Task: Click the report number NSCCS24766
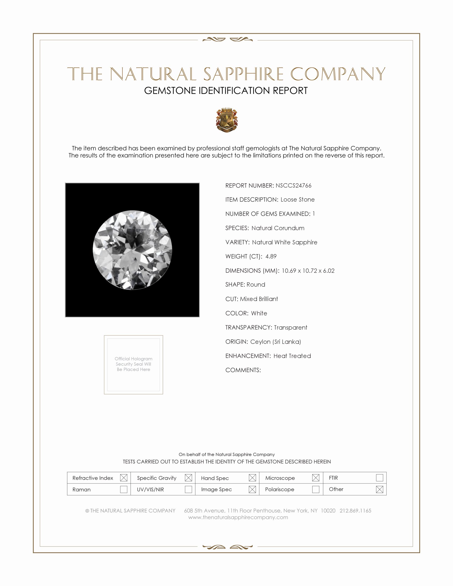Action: pos(293,186)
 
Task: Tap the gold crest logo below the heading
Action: pos(227,120)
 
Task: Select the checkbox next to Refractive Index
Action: pos(124,478)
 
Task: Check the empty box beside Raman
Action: pos(124,489)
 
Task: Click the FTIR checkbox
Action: pos(379,478)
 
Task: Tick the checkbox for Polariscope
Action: pos(316,489)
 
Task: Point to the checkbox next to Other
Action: pos(379,489)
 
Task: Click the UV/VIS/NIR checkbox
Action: pos(188,489)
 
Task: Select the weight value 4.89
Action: pos(271,257)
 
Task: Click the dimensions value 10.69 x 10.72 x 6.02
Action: pos(308,271)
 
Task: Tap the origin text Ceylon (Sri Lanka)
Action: pos(275,342)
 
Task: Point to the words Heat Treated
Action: pos(292,356)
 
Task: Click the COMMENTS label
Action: pos(243,370)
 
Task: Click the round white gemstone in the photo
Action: pos(132,250)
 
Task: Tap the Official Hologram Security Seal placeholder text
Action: pos(134,364)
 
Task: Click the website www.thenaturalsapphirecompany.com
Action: pos(238,518)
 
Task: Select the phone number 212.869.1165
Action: pos(355,511)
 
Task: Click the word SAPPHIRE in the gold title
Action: pos(243,74)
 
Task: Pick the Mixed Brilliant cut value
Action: pos(259,299)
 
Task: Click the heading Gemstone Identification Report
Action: pos(226,91)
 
